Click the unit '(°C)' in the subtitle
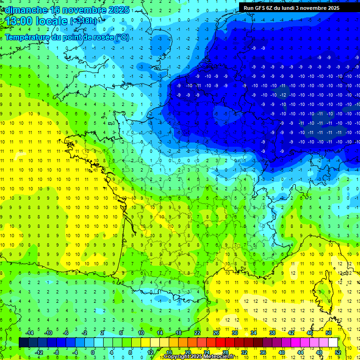point(122,37)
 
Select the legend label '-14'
point(30,332)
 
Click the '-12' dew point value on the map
point(283,95)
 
